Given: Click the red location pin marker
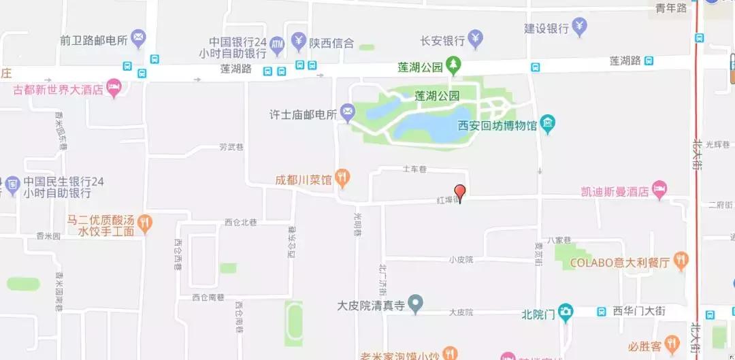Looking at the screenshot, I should click(x=460, y=192).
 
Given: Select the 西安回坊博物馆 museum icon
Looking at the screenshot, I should click(x=548, y=125).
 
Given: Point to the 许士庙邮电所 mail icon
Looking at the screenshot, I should click(x=348, y=113).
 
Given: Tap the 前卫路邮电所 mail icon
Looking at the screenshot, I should click(x=138, y=39).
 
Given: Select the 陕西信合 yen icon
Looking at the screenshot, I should click(x=299, y=42).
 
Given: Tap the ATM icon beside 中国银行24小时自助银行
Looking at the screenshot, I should click(x=277, y=45).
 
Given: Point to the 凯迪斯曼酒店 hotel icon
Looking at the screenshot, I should click(x=659, y=191).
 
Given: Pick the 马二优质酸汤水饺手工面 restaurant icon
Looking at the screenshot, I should click(x=144, y=221).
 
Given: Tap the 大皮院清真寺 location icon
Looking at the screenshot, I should click(x=416, y=304).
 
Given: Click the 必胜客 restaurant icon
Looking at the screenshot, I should click(x=672, y=342).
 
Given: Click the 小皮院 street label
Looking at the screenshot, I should click(x=461, y=259).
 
